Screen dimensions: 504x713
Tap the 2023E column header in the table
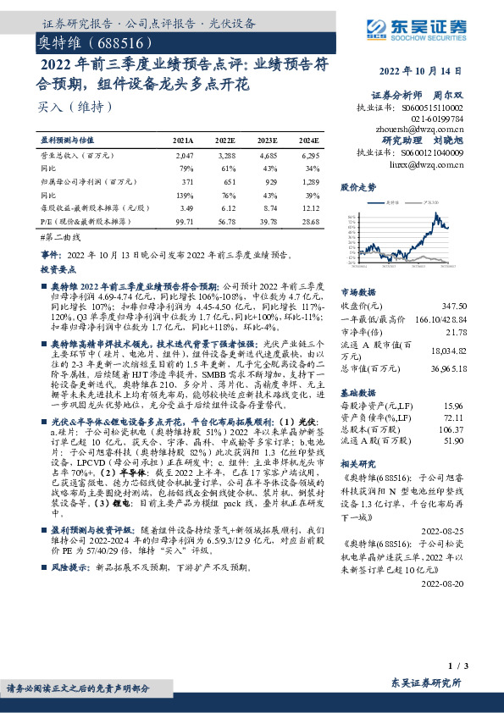pyautogui.click(x=267, y=140)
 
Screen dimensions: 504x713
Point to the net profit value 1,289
pyautogui.click(x=310, y=181)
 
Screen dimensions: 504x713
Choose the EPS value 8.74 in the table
pyautogui.click(x=268, y=207)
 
